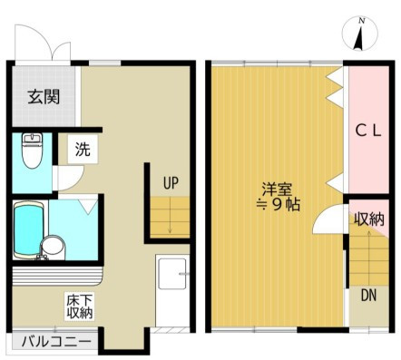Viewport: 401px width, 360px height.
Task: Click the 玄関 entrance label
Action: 44,97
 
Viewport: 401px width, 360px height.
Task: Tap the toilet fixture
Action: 33,151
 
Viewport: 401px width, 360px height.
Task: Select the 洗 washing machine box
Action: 83,149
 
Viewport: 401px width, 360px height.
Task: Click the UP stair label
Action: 171,183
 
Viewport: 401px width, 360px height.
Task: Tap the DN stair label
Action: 368,296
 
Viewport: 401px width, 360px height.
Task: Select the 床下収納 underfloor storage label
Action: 80,306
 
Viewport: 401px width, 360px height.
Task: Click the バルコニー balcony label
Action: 56,342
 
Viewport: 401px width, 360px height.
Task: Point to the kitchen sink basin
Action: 172,274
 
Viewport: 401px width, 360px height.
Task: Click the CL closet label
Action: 367,131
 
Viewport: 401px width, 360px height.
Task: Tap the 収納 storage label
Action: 369,219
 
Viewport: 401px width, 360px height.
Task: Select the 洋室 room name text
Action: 277,190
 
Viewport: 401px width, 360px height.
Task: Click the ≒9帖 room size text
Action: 278,205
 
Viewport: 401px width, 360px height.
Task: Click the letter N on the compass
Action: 361,21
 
